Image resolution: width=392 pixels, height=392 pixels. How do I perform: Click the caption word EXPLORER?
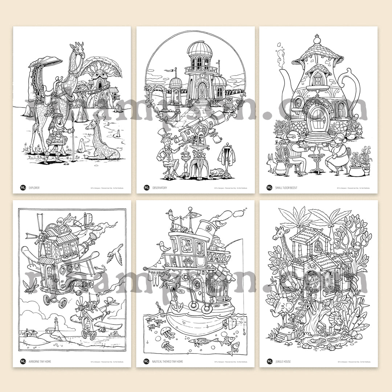[34, 188]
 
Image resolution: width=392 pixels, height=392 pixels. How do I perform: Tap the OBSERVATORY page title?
[160, 188]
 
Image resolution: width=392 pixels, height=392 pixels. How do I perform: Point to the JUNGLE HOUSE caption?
[283, 362]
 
